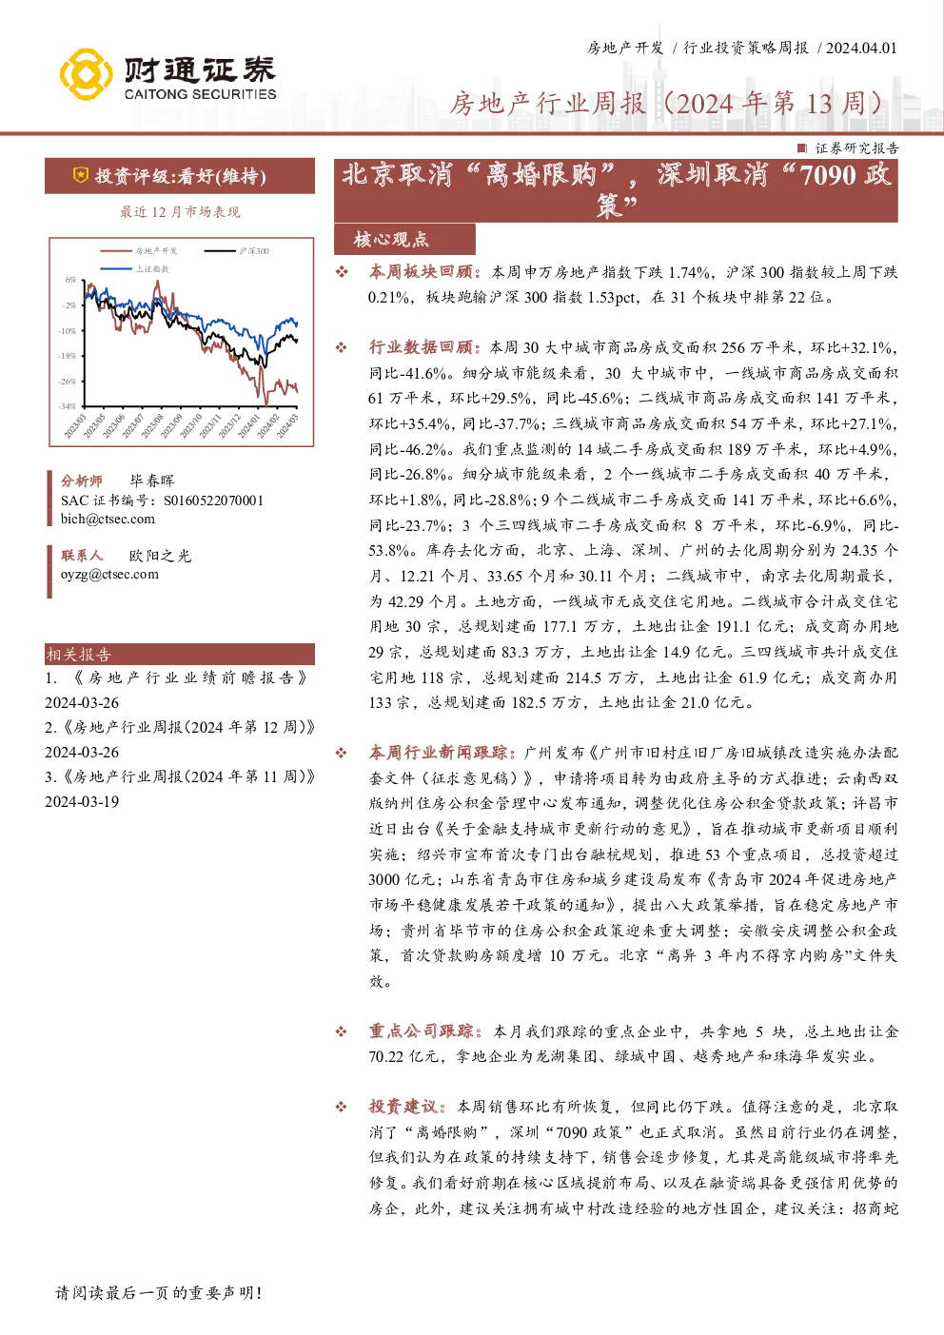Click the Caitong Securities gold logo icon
click(x=87, y=74)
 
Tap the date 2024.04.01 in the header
click(x=861, y=49)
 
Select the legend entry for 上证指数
click(x=135, y=268)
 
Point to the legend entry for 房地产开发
click(x=139, y=251)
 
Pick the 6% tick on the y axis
click(x=71, y=280)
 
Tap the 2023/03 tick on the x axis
click(x=76, y=426)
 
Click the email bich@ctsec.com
click(x=108, y=520)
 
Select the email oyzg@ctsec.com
click(x=109, y=575)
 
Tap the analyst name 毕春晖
click(x=152, y=481)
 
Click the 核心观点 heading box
click(x=404, y=239)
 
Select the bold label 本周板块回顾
click(x=421, y=272)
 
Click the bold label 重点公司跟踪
click(x=421, y=1031)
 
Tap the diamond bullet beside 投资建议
click(x=342, y=1108)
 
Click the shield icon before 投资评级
click(x=80, y=175)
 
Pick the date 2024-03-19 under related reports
click(x=82, y=802)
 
